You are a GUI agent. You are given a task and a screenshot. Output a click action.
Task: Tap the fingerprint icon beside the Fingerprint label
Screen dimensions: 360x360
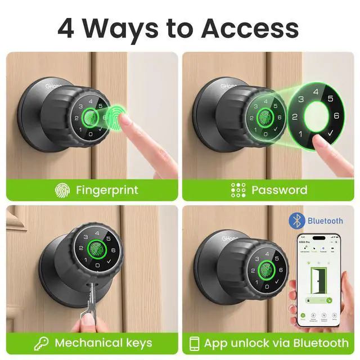click(62, 190)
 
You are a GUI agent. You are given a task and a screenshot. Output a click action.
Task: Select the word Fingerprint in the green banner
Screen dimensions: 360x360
click(107, 190)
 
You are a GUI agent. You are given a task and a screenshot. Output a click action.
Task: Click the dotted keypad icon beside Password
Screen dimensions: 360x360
click(238, 190)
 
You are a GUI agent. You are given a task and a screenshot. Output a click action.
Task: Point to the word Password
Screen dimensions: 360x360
click(280, 190)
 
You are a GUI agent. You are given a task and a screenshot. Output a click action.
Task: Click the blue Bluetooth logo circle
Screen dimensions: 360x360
click(296, 220)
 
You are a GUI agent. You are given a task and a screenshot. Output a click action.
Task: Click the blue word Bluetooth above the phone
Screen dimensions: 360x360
click(325, 220)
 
